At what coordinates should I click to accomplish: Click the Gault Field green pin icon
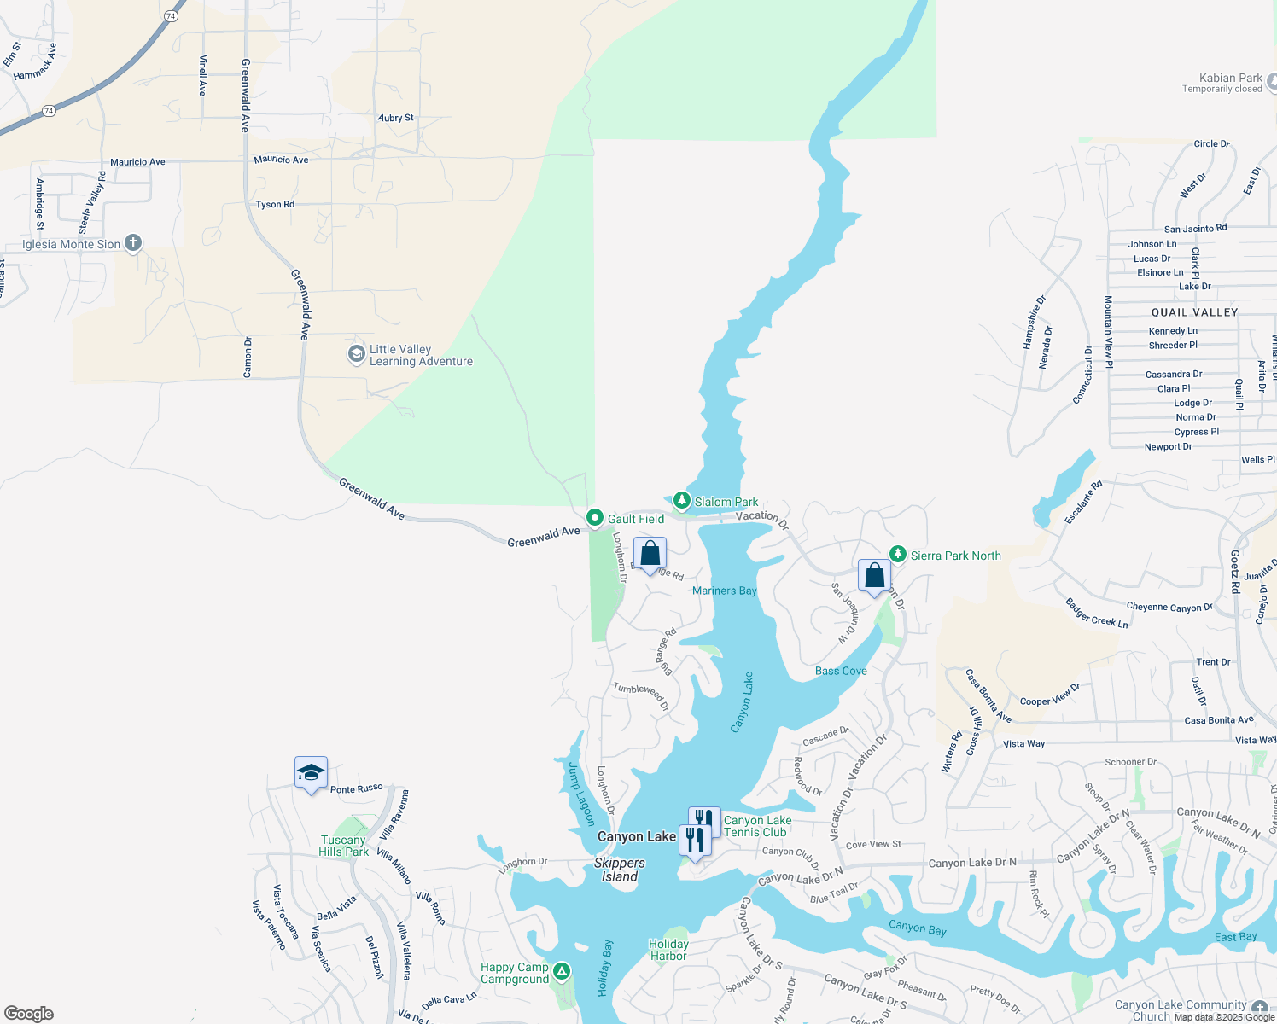pyautogui.click(x=595, y=518)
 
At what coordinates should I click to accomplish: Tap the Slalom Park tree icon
pyautogui.click(x=681, y=501)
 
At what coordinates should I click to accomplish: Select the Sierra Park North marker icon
pyautogui.click(x=897, y=555)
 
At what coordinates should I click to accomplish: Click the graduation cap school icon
pyautogui.click(x=311, y=773)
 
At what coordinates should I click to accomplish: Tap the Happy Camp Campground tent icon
pyautogui.click(x=561, y=972)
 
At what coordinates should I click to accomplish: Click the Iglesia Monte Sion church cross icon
pyautogui.click(x=132, y=243)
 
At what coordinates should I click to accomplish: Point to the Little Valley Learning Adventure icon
pyautogui.click(x=357, y=354)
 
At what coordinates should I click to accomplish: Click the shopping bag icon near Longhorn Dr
pyautogui.click(x=650, y=553)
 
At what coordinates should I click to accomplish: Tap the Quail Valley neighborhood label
pyautogui.click(x=1194, y=312)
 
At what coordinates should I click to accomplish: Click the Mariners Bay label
pyautogui.click(x=725, y=591)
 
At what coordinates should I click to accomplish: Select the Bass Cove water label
pyautogui.click(x=841, y=671)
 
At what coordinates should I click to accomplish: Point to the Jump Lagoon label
pyautogui.click(x=580, y=794)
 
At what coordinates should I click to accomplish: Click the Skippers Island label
pyautogui.click(x=620, y=870)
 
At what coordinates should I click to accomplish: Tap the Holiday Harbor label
pyautogui.click(x=668, y=950)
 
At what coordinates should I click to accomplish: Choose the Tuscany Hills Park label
pyautogui.click(x=344, y=846)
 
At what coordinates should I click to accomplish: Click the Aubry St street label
pyautogui.click(x=395, y=118)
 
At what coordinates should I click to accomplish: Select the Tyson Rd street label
pyautogui.click(x=275, y=205)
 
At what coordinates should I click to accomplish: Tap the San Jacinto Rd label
pyautogui.click(x=1195, y=229)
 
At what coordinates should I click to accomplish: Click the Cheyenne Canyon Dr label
pyautogui.click(x=1169, y=607)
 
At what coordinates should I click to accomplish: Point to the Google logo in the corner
pyautogui.click(x=29, y=1013)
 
